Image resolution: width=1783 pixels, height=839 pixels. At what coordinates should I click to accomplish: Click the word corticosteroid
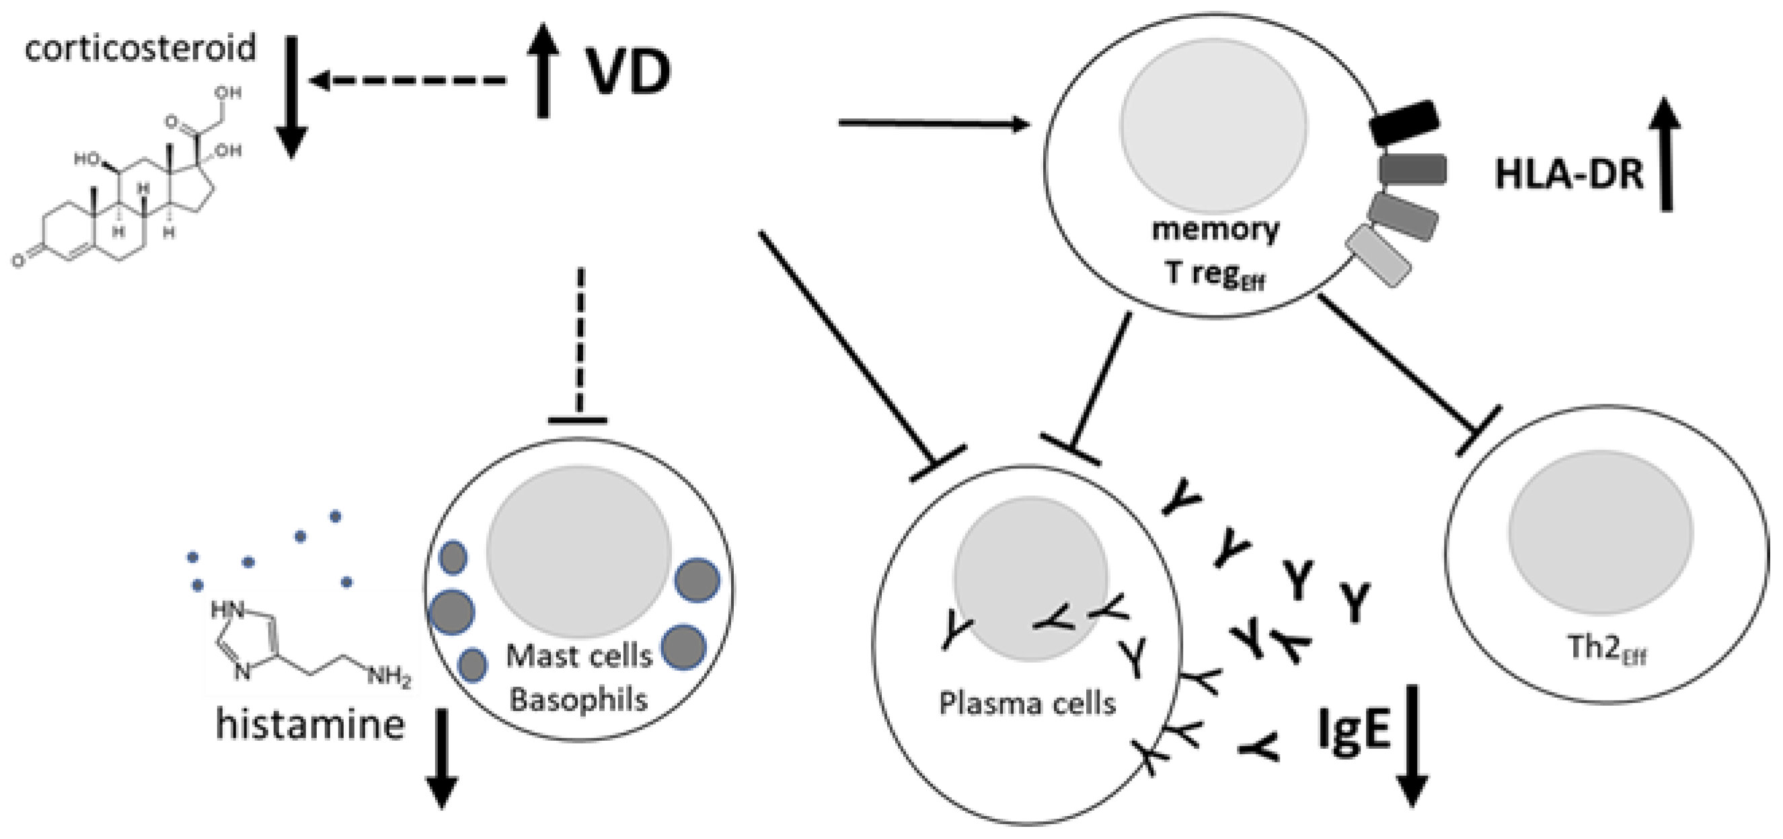click(141, 48)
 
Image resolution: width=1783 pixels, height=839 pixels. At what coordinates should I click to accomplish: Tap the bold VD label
click(628, 72)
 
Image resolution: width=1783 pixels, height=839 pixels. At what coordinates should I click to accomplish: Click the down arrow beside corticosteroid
click(291, 97)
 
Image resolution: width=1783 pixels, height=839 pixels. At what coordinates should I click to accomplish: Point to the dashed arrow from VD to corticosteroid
click(408, 81)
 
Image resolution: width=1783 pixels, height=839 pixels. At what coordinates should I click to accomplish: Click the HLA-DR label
click(1568, 174)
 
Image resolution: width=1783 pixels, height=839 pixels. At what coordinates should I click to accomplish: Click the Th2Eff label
click(1606, 649)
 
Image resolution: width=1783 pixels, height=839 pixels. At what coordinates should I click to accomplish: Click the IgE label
click(1353, 729)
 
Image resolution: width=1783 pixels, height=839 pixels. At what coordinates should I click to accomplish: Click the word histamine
click(310, 725)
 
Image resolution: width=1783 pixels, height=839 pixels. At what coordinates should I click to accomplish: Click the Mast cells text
click(579, 655)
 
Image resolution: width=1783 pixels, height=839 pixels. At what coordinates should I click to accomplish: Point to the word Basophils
click(578, 699)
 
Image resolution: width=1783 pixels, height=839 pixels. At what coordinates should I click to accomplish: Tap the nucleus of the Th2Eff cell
click(1600, 534)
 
